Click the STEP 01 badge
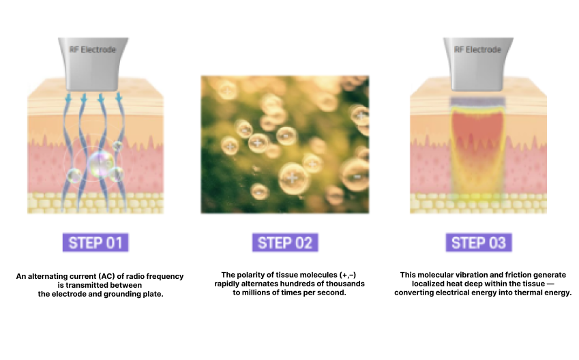(95, 243)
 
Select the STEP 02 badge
(285, 243)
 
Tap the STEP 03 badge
(479, 243)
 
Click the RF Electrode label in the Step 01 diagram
(93, 50)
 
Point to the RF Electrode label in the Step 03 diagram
(478, 50)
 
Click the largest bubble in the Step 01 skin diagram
(100, 165)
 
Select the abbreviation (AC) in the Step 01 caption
(106, 276)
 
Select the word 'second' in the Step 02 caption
(333, 292)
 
